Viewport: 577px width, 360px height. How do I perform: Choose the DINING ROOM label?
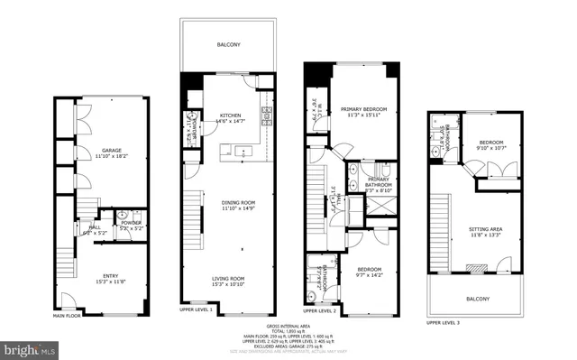pyautogui.click(x=239, y=201)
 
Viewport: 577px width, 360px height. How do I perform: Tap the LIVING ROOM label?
pyautogui.click(x=238, y=279)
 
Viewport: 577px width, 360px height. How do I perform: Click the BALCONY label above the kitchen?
pyautogui.click(x=228, y=43)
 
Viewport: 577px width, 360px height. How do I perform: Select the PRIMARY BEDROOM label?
pyautogui.click(x=359, y=109)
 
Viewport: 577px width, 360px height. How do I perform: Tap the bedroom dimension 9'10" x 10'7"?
pyautogui.click(x=490, y=149)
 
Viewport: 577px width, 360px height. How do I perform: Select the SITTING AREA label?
pyautogui.click(x=485, y=230)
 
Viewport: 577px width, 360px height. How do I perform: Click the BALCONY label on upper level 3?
pyautogui.click(x=478, y=299)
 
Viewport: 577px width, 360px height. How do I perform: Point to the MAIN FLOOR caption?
pyautogui.click(x=66, y=316)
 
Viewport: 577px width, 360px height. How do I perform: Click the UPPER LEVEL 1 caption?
pyautogui.click(x=196, y=310)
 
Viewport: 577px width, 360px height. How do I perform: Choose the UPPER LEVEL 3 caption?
pyautogui.click(x=443, y=322)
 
